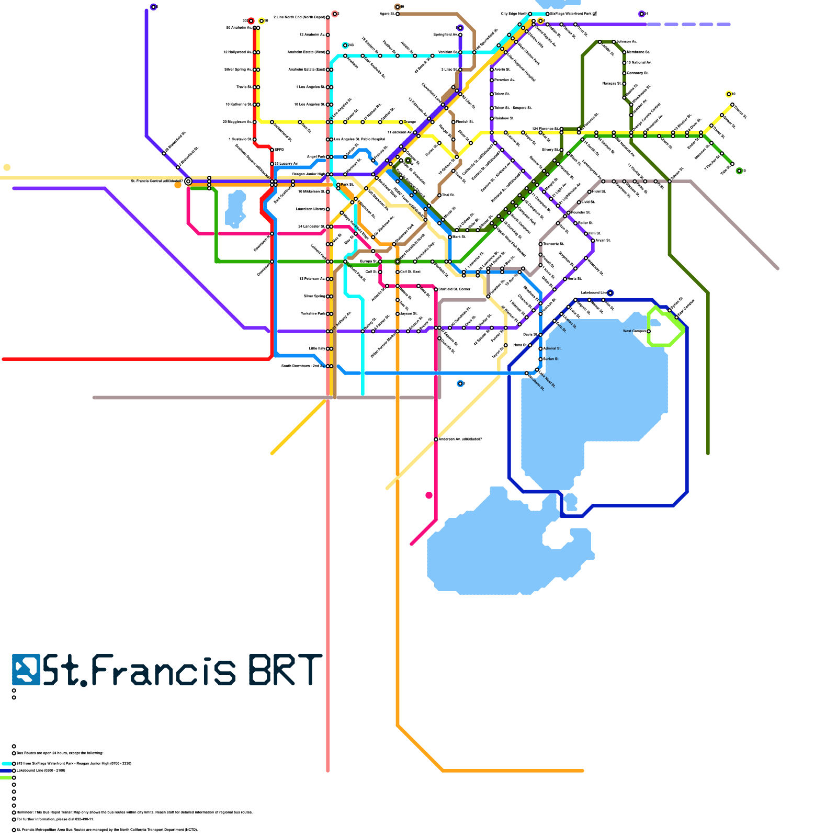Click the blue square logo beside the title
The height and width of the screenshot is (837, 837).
26,670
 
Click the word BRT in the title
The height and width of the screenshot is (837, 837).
285,670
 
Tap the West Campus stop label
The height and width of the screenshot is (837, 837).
634,331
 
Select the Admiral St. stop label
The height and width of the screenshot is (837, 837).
552,348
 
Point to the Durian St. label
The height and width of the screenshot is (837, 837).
552,359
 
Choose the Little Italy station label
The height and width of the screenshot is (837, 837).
317,348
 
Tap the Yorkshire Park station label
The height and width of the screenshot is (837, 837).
313,313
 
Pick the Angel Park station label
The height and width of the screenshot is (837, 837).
316,156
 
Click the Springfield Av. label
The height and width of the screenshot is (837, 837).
445,35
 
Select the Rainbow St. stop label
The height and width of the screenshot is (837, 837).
504,118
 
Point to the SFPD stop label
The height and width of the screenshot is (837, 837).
279,150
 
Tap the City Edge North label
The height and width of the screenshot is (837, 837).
514,14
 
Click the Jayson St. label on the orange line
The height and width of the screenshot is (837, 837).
409,314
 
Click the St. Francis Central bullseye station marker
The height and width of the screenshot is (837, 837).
188,182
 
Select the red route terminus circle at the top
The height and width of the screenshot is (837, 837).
251,21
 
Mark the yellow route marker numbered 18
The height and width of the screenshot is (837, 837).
729,94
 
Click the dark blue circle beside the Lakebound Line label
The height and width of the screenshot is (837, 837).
610,293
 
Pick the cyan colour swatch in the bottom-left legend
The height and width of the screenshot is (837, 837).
6,764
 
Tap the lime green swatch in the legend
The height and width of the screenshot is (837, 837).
6,778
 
